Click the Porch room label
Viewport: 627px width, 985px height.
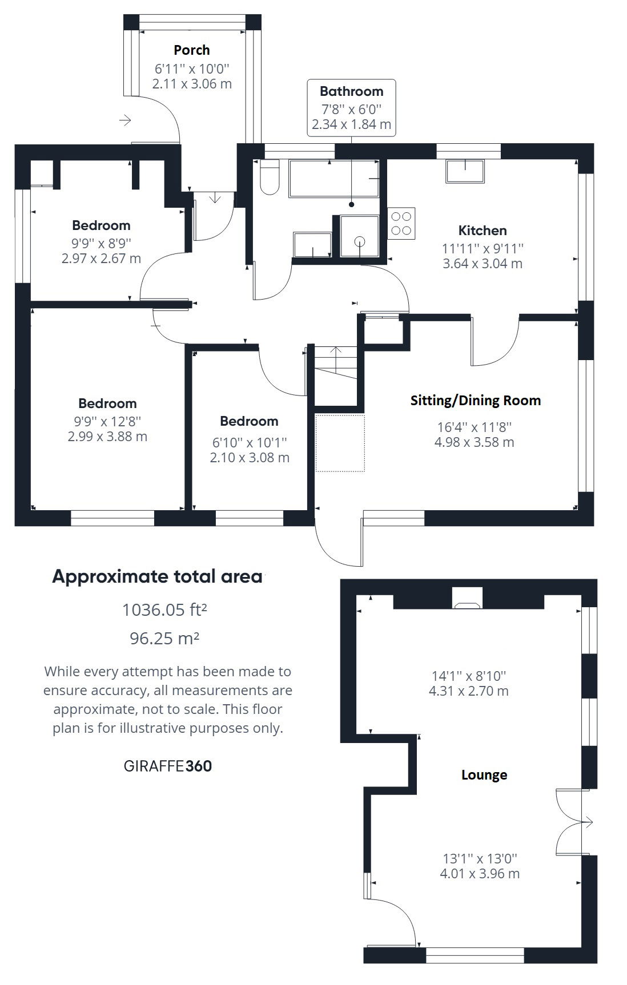point(192,50)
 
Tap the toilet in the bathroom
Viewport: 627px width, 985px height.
point(269,177)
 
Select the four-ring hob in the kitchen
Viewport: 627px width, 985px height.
point(401,224)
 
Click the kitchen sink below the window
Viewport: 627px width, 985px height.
point(465,171)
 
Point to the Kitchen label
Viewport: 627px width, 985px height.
point(483,231)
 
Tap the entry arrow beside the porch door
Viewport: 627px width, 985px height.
point(125,120)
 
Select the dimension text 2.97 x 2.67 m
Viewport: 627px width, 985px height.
point(101,259)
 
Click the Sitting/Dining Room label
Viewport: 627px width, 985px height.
point(476,401)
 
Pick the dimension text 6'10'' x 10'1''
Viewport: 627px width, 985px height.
point(249,442)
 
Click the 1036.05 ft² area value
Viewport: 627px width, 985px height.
point(164,610)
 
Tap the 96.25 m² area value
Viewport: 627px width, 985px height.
point(164,638)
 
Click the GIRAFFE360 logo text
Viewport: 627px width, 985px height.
point(168,766)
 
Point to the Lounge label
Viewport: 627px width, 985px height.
point(484,775)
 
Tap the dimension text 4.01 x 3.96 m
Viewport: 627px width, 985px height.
point(480,874)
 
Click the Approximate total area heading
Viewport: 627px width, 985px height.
point(157,576)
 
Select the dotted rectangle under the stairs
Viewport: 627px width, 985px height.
point(340,443)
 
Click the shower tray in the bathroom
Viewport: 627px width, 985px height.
point(359,236)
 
